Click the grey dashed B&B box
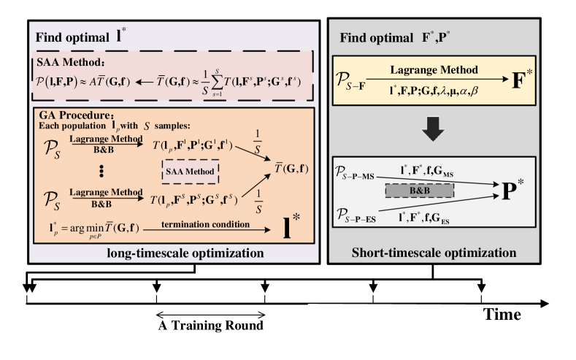pos(419,190)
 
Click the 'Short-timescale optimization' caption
pos(434,253)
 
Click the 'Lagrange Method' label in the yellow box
pos(434,70)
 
